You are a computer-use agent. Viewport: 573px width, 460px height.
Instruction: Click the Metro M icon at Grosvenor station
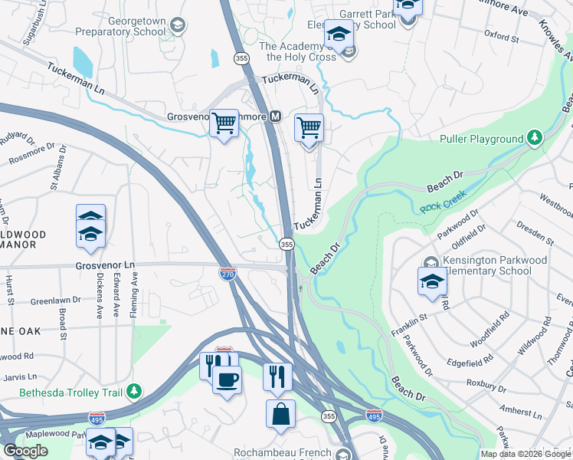pos(276,117)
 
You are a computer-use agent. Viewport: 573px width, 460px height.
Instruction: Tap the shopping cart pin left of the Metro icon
pos(224,123)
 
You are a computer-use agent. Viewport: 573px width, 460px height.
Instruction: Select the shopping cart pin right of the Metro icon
pos(309,129)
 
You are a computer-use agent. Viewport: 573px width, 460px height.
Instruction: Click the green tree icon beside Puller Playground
pos(535,139)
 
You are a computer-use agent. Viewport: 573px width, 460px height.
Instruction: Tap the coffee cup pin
pos(226,379)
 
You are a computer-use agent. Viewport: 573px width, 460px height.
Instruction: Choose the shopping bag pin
pos(280,414)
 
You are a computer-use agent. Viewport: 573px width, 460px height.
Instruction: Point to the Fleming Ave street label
pos(133,296)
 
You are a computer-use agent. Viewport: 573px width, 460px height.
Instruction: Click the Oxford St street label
pos(502,36)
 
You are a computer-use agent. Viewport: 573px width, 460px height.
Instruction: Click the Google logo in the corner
pos(25,451)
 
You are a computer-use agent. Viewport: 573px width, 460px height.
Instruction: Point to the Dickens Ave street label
pos(99,296)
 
